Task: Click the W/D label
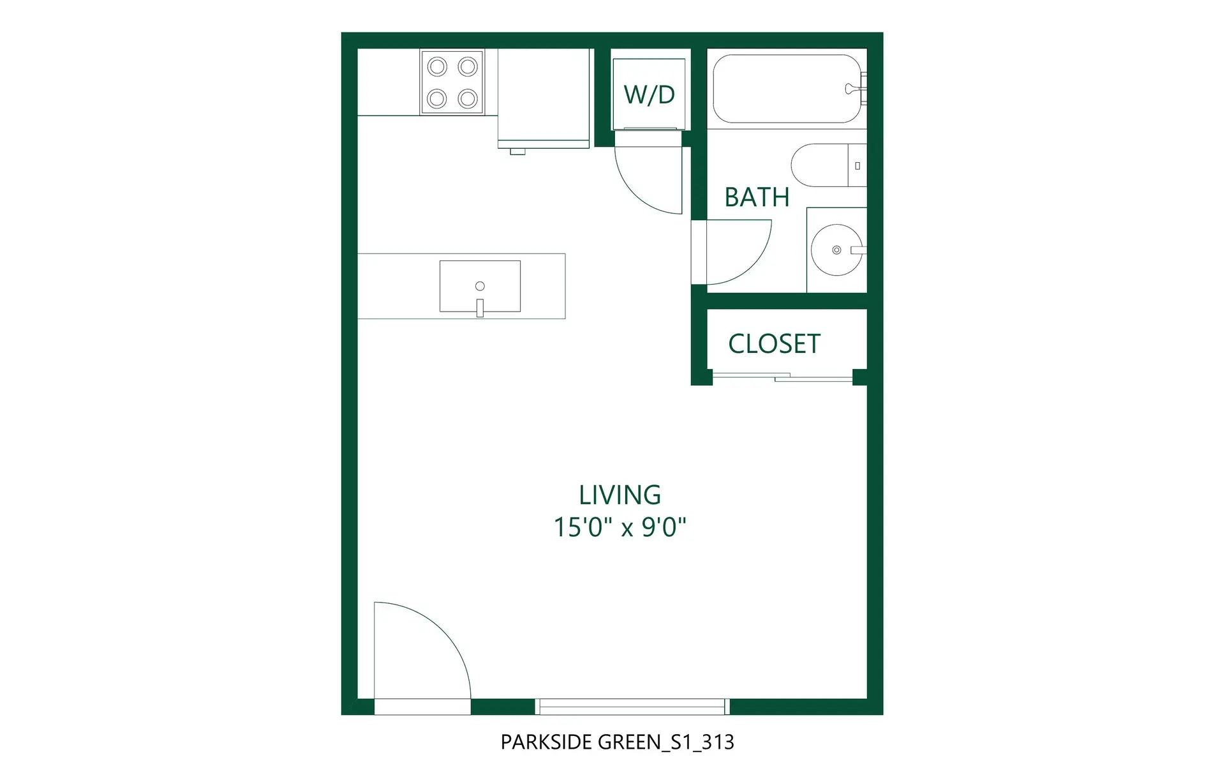click(x=649, y=94)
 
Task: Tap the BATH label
click(x=757, y=197)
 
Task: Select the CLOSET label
click(x=774, y=344)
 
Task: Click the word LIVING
click(x=620, y=495)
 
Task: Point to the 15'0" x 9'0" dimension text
click(x=620, y=528)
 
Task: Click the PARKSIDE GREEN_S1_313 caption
click(x=617, y=742)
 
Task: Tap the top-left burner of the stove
click(x=437, y=66)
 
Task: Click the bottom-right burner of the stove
click(x=468, y=99)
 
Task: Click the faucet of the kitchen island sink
click(x=480, y=308)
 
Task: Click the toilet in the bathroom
click(x=826, y=165)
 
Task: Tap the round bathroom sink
click(x=836, y=250)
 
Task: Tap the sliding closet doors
click(x=782, y=377)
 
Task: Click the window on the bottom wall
click(x=632, y=706)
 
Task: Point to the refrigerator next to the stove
click(x=543, y=96)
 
